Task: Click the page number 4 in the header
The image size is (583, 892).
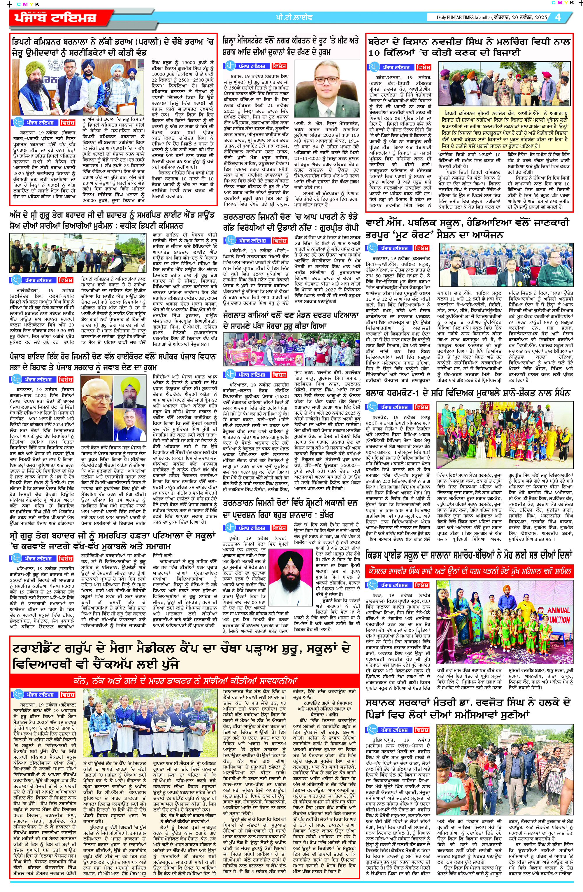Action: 558,17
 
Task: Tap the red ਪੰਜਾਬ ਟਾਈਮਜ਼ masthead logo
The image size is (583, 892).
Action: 56,17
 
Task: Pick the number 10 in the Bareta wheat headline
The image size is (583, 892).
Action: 374,53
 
